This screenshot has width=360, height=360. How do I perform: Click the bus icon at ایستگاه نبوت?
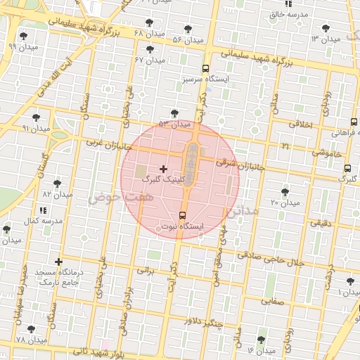click(183, 215)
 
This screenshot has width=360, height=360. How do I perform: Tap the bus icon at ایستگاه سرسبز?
click(205, 69)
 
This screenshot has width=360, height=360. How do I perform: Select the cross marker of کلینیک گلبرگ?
click(164, 169)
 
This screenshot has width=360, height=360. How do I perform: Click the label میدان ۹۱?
click(36, 129)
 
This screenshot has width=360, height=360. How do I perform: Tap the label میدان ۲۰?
click(285, 203)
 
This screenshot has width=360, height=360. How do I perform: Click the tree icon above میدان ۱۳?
click(325, 28)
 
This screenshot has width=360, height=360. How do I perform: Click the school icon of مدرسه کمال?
click(43, 210)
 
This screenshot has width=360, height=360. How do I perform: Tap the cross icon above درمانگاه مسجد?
click(58, 262)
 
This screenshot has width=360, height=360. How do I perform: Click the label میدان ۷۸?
click(30, 340)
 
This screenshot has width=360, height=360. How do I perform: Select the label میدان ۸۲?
click(58, 193)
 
